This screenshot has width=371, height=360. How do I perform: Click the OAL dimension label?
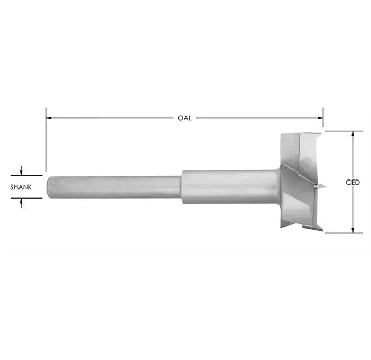[x=184, y=118]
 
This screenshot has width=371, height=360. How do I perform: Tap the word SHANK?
[x=21, y=187]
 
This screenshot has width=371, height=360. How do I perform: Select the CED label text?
[x=353, y=182]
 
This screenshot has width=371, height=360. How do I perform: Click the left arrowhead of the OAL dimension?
[x=49, y=118]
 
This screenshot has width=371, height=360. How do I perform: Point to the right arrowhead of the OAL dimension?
[x=320, y=118]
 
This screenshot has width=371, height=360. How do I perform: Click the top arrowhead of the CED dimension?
[x=353, y=134]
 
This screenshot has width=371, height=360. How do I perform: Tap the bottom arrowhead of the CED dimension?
[x=353, y=230]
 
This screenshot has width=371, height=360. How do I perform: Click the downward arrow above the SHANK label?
[x=21, y=171]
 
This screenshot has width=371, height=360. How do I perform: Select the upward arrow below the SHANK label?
[x=21, y=203]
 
